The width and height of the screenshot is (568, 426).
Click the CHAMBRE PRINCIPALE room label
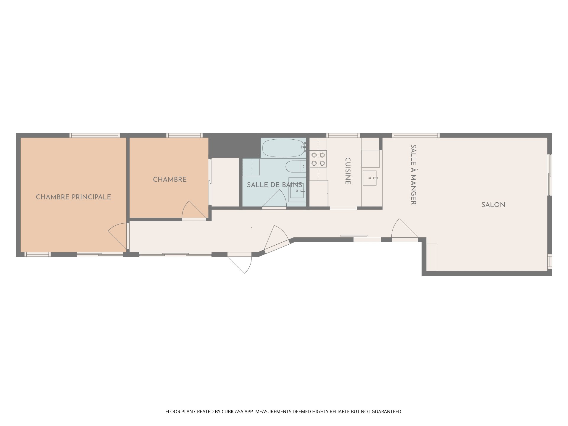pyautogui.click(x=73, y=197)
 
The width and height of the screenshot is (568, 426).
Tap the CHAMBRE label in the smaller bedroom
pyautogui.click(x=170, y=180)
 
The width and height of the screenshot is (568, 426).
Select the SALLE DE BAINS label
pyautogui.click(x=274, y=185)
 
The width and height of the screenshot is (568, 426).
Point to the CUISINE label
pyautogui.click(x=348, y=171)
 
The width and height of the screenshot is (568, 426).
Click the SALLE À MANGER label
pyautogui.click(x=414, y=174)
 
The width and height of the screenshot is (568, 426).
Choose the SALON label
pyautogui.click(x=493, y=205)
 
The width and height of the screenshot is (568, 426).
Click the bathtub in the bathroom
pyautogui.click(x=283, y=148)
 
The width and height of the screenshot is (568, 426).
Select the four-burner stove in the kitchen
pyautogui.click(x=318, y=159)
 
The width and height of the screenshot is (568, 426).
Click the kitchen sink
pyautogui.click(x=370, y=178)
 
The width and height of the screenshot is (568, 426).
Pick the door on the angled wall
pyautogui.click(x=277, y=238)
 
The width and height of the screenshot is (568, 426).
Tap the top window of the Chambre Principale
pyautogui.click(x=95, y=135)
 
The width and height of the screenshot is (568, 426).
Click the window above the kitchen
pyautogui.click(x=343, y=135)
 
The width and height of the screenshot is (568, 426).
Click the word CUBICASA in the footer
pyautogui.click(x=232, y=412)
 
